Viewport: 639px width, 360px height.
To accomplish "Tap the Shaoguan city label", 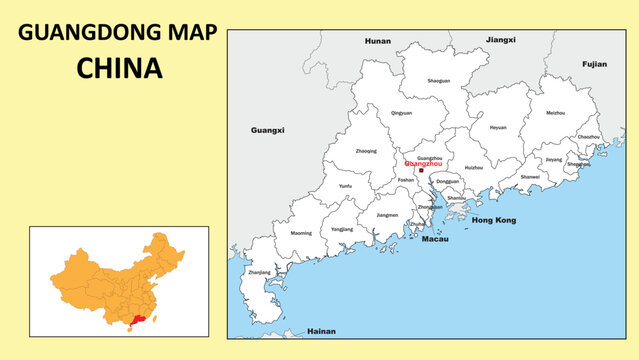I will (438, 81).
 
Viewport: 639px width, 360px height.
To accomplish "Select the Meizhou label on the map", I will (555, 113).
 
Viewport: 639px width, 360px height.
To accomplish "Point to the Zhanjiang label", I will (259, 272).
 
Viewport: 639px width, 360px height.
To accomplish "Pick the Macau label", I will (435, 240).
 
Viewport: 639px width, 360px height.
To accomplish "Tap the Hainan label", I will (321, 331).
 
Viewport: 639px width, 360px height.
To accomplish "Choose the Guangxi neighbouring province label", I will (267, 130).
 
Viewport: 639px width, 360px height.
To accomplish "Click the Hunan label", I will (378, 41).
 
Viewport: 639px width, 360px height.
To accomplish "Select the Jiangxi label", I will (500, 40).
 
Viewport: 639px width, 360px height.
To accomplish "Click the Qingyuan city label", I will (401, 113).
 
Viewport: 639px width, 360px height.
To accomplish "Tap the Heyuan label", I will (498, 127).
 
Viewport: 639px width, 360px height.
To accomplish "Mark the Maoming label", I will (301, 232).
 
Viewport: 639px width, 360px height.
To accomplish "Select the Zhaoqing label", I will (366, 151).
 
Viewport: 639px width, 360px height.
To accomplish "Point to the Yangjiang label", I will (342, 229).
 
